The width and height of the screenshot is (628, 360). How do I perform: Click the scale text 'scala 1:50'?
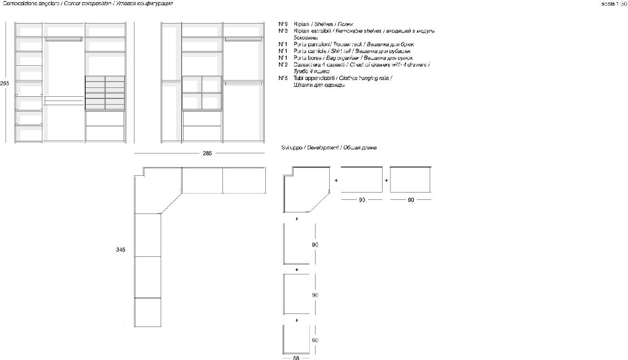click(613, 4)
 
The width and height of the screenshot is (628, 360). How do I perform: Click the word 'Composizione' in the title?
click(17, 4)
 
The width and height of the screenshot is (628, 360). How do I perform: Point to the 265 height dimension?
click(5, 83)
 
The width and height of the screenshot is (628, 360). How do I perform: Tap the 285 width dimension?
click(207, 153)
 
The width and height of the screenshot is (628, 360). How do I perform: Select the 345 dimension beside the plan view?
click(121, 250)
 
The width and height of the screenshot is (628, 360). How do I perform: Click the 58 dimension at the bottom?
click(296, 358)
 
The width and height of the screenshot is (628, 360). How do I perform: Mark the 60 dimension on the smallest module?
click(315, 340)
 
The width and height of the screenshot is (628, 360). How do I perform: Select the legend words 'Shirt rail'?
click(338, 51)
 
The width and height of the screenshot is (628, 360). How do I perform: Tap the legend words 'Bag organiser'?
click(342, 58)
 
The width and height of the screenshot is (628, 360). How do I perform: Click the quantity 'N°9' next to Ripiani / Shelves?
click(283, 24)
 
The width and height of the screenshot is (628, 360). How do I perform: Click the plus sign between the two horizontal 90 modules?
click(386, 180)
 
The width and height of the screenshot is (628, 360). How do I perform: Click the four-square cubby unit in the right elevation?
click(201, 93)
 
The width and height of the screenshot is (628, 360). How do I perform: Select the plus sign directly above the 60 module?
click(297, 319)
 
